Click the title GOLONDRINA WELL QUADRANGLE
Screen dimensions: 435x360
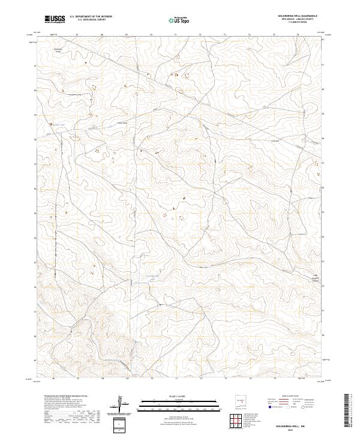[298, 16]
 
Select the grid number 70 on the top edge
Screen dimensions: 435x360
[151, 35]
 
